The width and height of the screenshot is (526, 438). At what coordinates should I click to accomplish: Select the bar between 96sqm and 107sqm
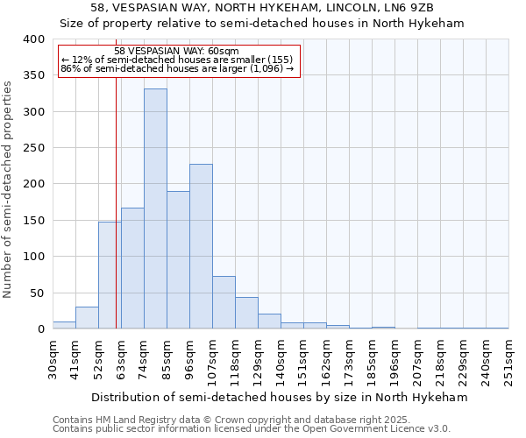[201, 246]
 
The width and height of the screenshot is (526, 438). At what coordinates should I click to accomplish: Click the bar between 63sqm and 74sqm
[132, 268]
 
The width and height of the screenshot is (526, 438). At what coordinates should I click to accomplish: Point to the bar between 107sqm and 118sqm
[224, 302]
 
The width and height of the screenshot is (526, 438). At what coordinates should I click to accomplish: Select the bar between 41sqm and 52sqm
[87, 318]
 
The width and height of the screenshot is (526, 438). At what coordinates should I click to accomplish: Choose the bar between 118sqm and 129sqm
[246, 313]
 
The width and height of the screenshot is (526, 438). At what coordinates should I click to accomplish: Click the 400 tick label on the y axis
[33, 39]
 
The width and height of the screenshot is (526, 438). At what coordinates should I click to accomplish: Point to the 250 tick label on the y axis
[33, 148]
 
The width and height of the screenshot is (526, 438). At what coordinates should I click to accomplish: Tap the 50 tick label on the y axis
[37, 293]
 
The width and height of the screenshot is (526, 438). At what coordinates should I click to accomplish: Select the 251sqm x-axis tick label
[508, 358]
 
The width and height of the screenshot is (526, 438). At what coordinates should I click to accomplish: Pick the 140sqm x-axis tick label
[281, 358]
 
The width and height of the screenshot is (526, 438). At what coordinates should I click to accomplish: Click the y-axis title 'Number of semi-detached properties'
[8, 188]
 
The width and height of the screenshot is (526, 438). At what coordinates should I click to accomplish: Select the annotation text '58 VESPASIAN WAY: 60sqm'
[176, 52]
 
